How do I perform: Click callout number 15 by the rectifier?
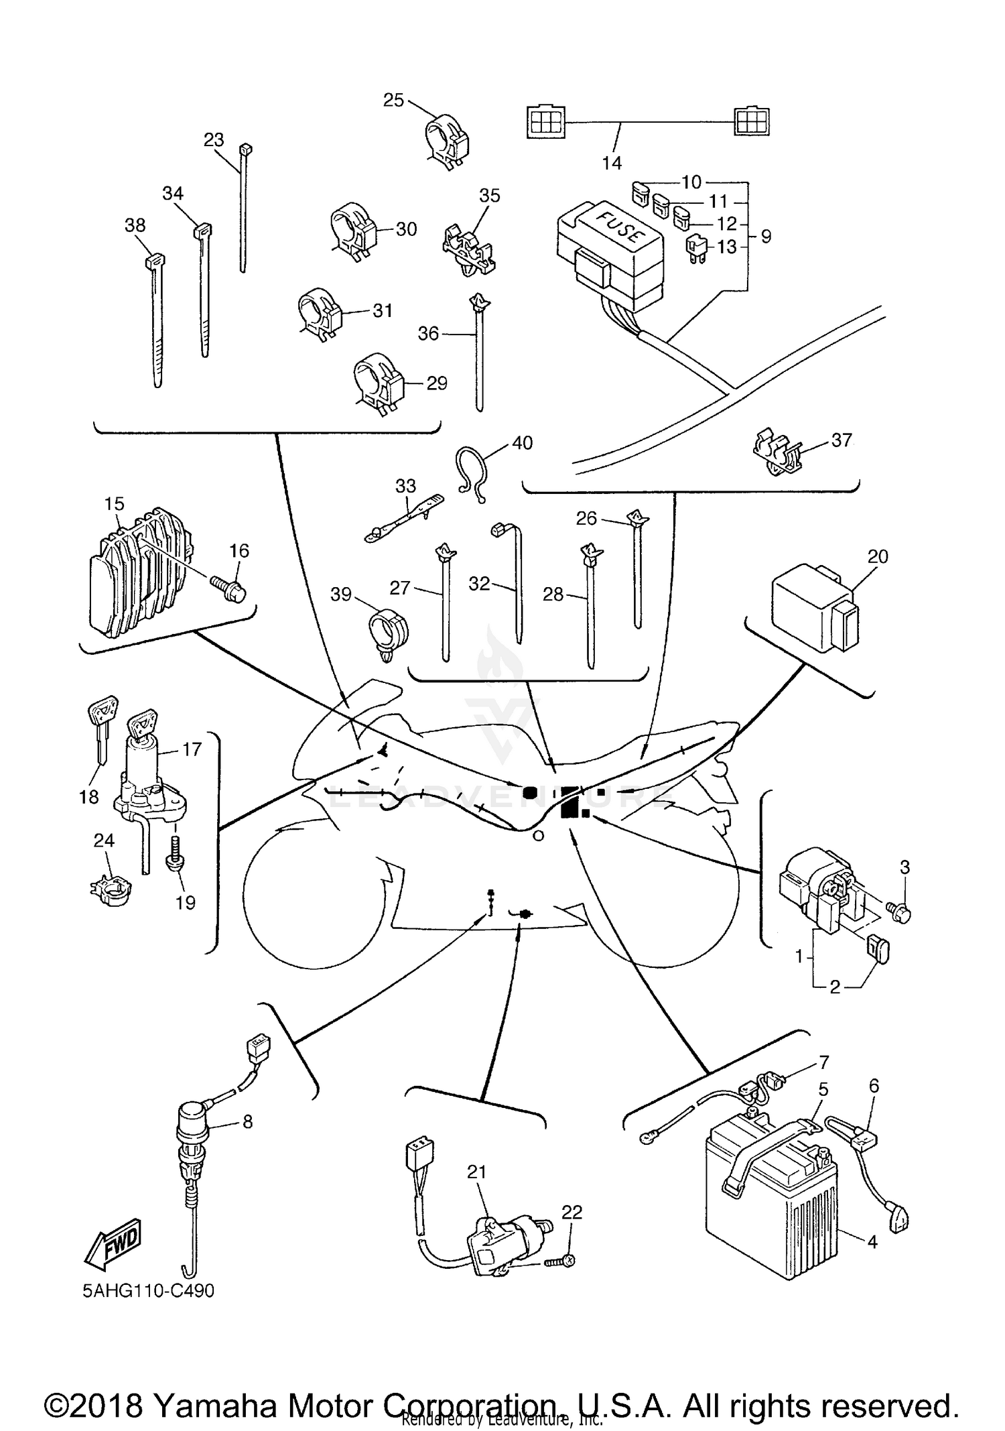coord(115,503)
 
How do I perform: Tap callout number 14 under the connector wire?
coord(612,162)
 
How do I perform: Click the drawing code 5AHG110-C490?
coord(148,1290)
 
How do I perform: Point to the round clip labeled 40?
coord(472,473)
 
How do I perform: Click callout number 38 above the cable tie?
coord(135,225)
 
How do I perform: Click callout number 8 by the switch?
coord(248,1121)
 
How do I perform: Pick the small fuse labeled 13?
coord(694,247)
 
